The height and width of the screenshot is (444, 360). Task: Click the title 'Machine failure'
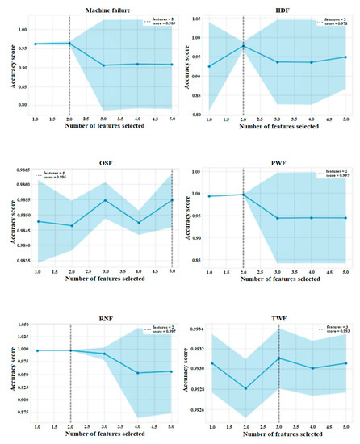[98, 10]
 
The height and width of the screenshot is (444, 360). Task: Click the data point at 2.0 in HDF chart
[244, 46]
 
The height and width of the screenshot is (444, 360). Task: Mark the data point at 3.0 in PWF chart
[278, 218]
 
